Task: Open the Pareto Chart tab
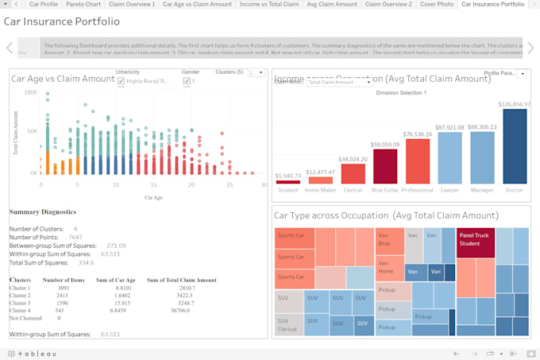point(83,4)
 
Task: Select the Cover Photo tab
point(437,4)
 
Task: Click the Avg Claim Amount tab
point(331,4)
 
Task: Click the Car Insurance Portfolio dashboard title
point(62,21)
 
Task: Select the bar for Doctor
point(515,146)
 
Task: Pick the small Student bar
point(287,181)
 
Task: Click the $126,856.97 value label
point(515,104)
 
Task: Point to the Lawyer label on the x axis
point(449,190)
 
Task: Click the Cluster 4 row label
point(20,309)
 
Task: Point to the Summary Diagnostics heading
point(43,212)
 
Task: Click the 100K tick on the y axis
point(30,92)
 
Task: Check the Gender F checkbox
point(187,80)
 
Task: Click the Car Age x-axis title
point(152,197)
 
